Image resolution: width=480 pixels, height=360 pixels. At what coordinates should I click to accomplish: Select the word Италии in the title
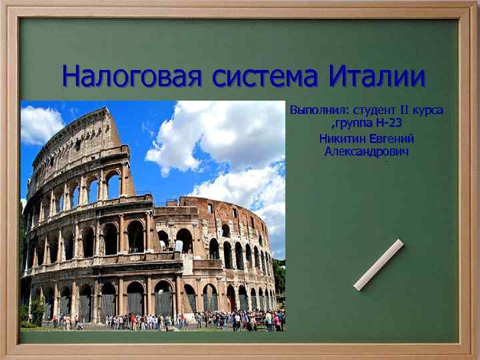click(x=377, y=77)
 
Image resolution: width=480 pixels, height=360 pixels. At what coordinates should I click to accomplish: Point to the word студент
click(x=377, y=109)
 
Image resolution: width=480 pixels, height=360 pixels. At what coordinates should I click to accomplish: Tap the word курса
click(x=430, y=109)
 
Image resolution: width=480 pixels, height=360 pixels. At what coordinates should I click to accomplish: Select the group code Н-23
click(x=388, y=123)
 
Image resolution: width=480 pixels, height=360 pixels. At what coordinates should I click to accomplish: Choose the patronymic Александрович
click(x=367, y=152)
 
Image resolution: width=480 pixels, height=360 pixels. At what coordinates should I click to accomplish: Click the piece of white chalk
click(x=378, y=265)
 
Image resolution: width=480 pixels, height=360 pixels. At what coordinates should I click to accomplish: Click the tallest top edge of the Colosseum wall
click(x=100, y=112)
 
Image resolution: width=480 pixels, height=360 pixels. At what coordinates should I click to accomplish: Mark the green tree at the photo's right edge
click(x=279, y=273)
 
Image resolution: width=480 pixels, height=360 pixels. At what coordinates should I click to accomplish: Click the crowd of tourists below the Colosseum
click(x=167, y=321)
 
